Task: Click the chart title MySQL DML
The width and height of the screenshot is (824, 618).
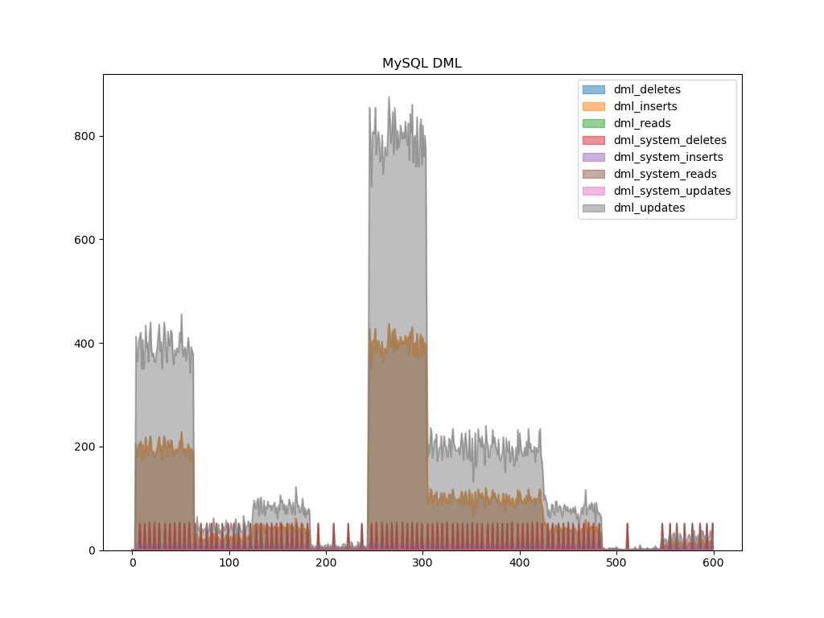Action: click(x=422, y=64)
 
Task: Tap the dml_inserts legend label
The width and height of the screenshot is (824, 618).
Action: click(x=645, y=106)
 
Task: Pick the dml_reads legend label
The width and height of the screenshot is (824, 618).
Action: click(x=642, y=123)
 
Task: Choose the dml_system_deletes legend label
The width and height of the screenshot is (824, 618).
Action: click(x=669, y=140)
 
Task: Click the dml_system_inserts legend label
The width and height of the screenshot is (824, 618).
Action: click(x=668, y=157)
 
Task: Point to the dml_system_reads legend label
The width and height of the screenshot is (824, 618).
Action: click(x=665, y=174)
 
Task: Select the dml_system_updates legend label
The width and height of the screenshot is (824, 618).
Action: click(x=672, y=191)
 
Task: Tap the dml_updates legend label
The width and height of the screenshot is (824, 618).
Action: click(x=649, y=208)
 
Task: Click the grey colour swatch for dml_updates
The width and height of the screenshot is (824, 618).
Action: click(x=594, y=208)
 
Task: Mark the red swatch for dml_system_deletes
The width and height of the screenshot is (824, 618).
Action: click(x=594, y=140)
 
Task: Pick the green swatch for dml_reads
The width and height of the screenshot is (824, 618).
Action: click(x=594, y=123)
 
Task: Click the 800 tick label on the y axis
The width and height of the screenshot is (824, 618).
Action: click(x=85, y=136)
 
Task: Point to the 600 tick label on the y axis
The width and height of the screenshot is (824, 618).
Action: click(x=85, y=240)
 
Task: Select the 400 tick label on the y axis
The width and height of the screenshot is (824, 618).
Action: click(x=85, y=344)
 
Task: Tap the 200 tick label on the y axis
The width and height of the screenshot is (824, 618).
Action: click(x=85, y=447)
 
